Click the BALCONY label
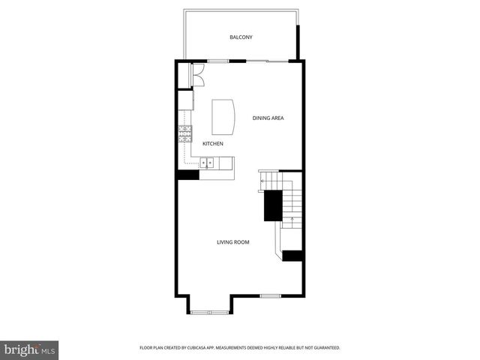tap(241, 37)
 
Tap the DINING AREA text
tap(268, 118)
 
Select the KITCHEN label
tap(213, 143)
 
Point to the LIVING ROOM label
tap(233, 242)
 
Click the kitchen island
tap(223, 116)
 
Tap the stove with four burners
tap(185, 133)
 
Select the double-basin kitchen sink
tap(208, 162)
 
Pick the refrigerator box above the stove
tap(185, 100)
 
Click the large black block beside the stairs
tap(272, 205)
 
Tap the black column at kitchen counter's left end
tap(187, 175)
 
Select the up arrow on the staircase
tap(292, 220)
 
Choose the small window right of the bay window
tap(270, 295)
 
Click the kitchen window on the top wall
tap(218, 61)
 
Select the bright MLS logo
tap(30, 349)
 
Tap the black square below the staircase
tap(292, 256)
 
